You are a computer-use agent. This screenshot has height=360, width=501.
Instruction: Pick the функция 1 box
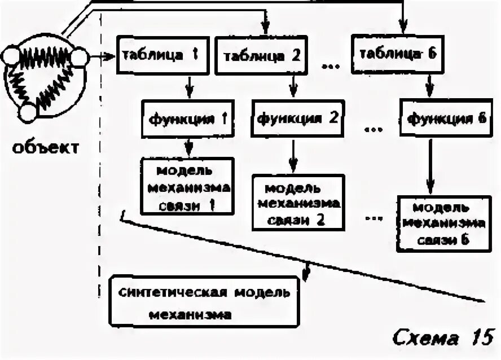tap(187, 119)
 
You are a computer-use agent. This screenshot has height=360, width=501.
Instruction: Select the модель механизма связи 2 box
tap(297, 203)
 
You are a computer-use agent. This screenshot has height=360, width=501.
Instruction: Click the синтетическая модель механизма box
tap(204, 302)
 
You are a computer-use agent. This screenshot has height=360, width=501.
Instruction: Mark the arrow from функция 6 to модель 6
tap(430, 166)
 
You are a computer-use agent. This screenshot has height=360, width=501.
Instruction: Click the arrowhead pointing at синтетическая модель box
tap(306, 273)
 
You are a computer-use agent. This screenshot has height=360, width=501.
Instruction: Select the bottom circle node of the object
tap(28, 113)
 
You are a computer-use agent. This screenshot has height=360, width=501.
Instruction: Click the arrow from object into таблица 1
tap(102, 56)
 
